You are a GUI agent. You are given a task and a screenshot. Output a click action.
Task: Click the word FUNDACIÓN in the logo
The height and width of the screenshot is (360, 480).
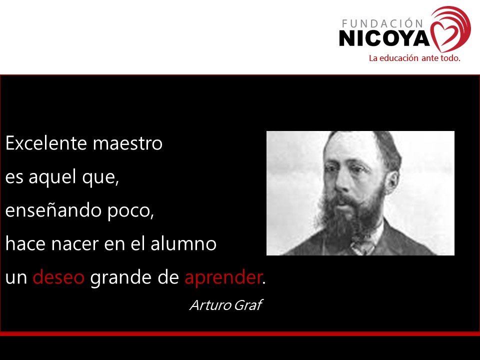click(382, 23)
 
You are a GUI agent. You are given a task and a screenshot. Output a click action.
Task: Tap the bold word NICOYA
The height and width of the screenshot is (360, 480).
click(384, 38)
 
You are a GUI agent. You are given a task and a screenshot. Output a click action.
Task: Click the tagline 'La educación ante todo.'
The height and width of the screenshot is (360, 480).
click(414, 58)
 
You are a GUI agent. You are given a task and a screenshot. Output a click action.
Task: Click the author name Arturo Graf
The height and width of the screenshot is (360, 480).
click(225, 305)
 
